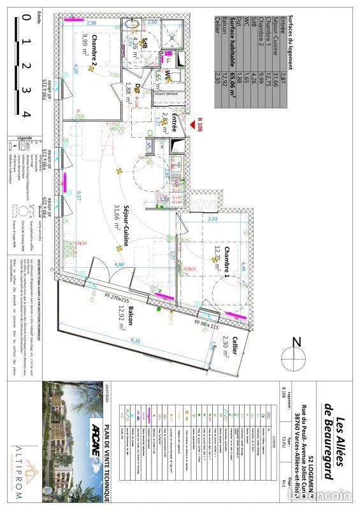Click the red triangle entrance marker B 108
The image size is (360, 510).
click(x=192, y=125)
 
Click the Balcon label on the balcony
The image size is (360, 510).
click(x=130, y=316)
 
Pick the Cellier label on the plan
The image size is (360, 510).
click(x=234, y=344)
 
